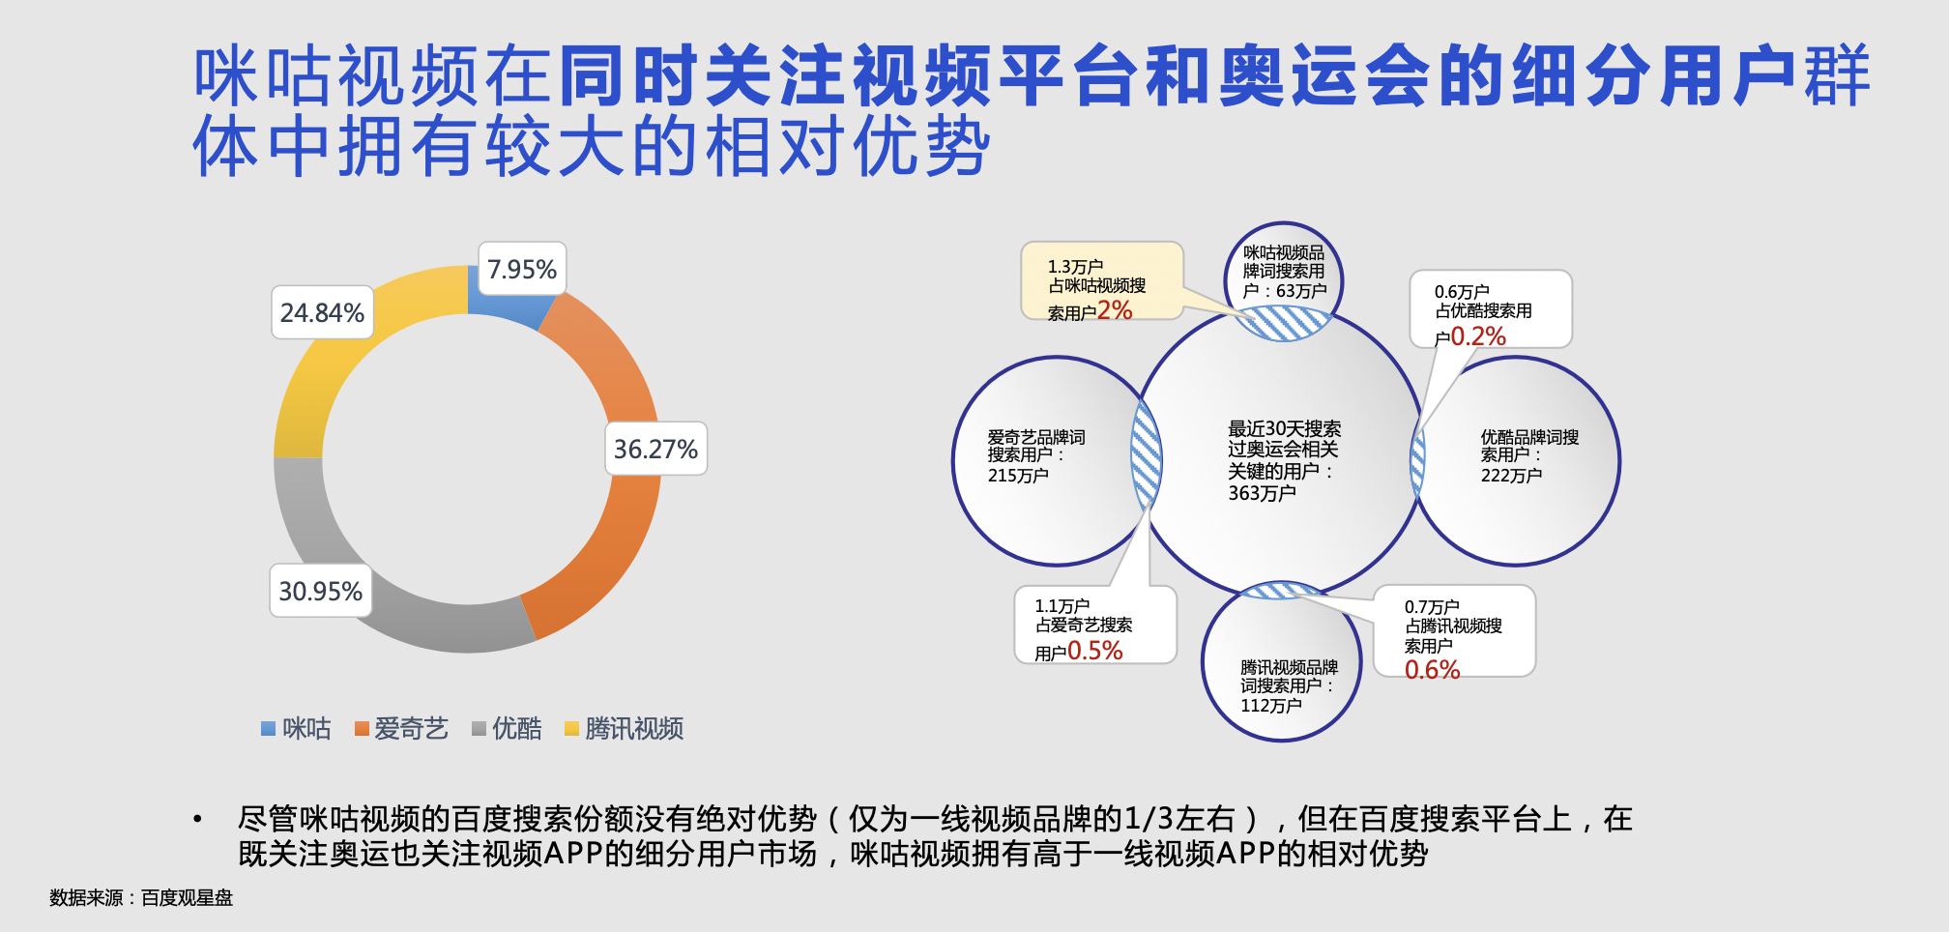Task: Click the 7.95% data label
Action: coord(522,269)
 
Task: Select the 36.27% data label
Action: coord(655,449)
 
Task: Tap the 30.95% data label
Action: coord(320,591)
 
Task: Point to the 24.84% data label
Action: coord(322,312)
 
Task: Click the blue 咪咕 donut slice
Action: coord(507,296)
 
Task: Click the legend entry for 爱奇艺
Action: coord(401,728)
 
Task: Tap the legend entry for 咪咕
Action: coord(297,728)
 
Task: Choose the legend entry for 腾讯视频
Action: coord(625,728)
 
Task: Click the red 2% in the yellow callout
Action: coord(1115,310)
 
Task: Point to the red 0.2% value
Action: coord(1478,336)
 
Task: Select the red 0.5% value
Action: coord(1094,651)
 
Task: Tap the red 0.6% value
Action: coord(1432,670)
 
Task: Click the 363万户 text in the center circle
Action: coord(1262,493)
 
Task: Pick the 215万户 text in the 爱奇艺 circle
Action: coord(1018,476)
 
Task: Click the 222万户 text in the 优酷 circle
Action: coord(1511,476)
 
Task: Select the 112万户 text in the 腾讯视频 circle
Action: coord(1271,706)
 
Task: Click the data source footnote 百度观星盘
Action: coord(187,898)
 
